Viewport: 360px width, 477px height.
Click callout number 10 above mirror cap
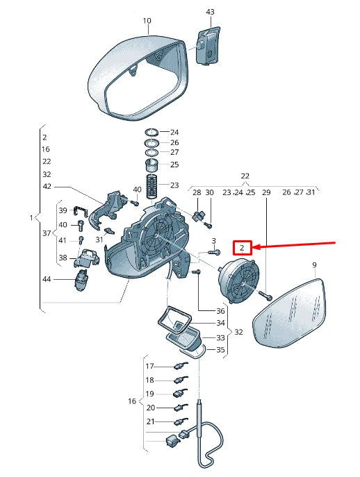[x=147, y=21]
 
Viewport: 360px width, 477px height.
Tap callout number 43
[x=210, y=12]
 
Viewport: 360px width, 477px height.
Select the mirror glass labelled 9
[x=289, y=312]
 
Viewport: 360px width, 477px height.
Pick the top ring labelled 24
[x=152, y=133]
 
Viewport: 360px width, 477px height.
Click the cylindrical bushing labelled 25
[x=152, y=165]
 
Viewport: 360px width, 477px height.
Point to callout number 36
[x=220, y=311]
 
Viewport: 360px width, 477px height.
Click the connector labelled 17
[x=181, y=366]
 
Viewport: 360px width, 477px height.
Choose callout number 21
[x=150, y=421]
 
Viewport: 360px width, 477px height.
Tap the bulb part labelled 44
[x=81, y=280]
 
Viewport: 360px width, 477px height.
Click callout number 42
[x=47, y=186]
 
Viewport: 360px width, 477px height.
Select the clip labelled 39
[x=81, y=211]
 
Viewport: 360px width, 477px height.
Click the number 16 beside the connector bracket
[x=132, y=401]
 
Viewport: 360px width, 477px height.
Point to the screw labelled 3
[x=214, y=252]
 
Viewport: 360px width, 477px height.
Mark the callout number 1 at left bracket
[x=31, y=218]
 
